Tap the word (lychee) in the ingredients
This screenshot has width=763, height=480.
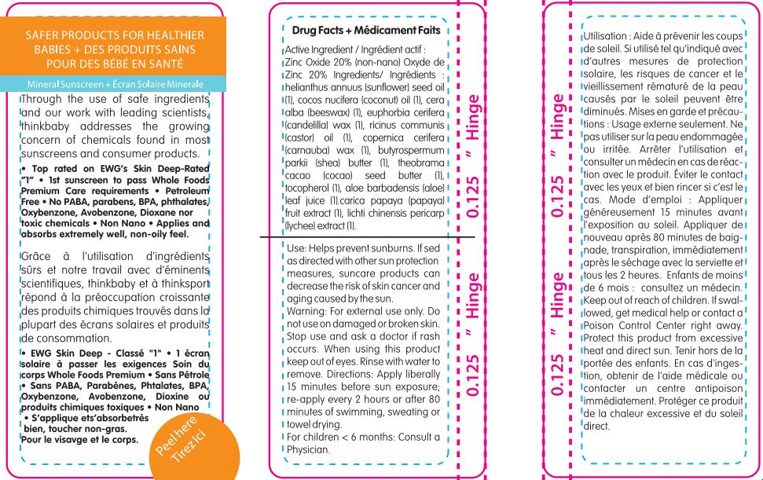click(x=299, y=225)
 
